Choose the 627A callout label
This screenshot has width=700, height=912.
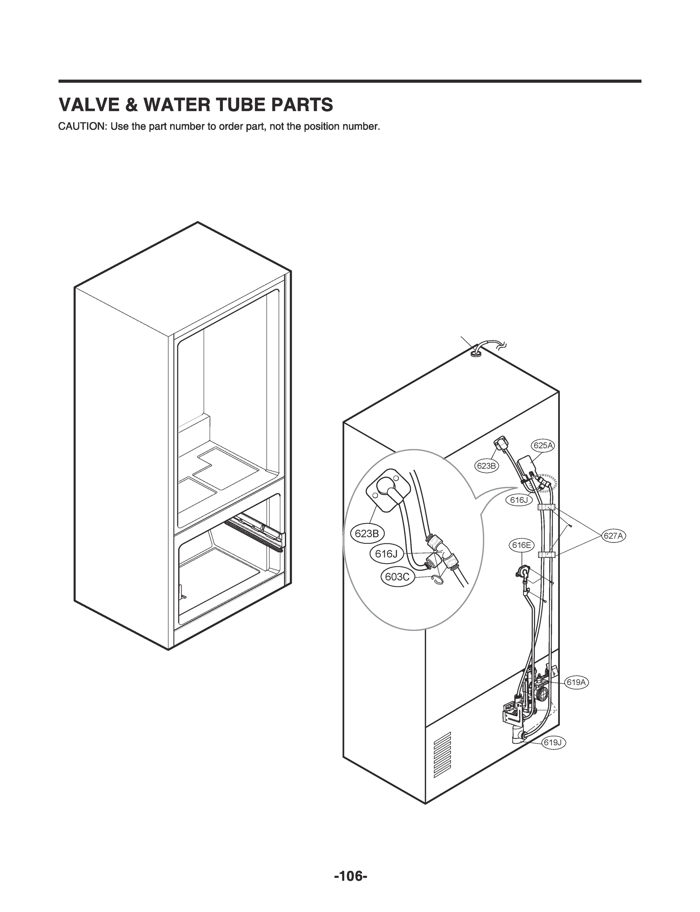613,536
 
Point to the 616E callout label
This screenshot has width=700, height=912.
521,545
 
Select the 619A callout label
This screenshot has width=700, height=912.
576,682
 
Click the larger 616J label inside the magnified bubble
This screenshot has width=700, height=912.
386,554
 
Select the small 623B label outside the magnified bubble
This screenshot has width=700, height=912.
486,466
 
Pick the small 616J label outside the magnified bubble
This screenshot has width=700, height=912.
519,500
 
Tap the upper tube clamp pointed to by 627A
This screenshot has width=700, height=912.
546,508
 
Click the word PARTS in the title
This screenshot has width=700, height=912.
302,105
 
